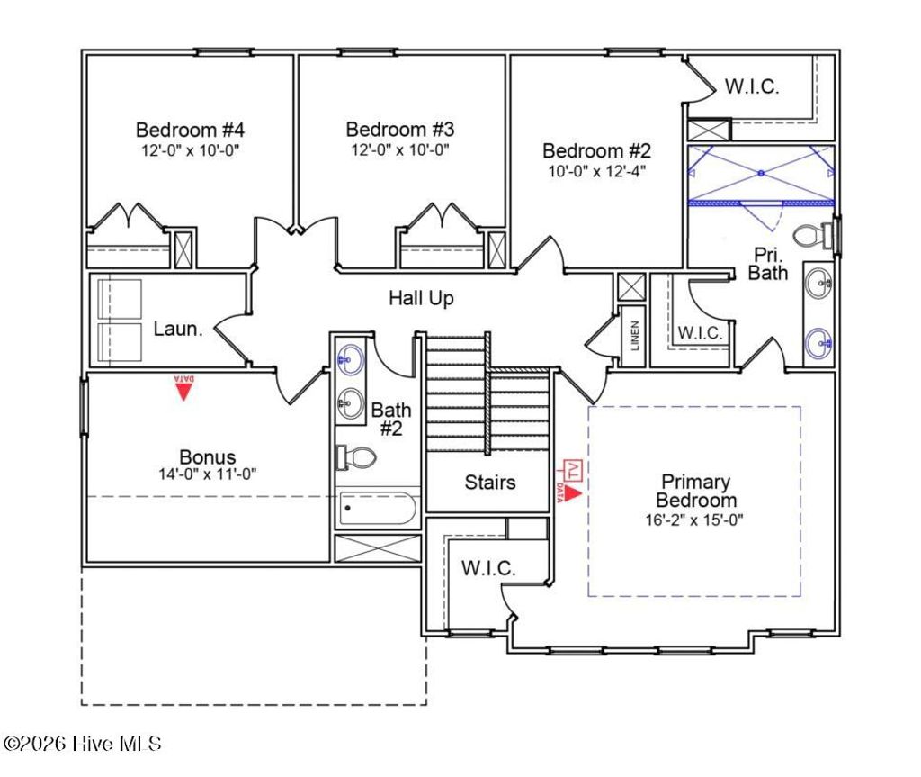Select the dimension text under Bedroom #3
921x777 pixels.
400,149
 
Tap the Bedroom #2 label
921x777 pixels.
595,150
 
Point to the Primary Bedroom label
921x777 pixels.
695,491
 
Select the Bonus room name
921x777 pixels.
207,457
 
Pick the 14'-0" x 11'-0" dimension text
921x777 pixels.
207,474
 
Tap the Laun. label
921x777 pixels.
177,330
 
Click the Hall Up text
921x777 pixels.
421,298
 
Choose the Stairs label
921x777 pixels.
490,483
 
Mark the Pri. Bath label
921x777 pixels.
767,263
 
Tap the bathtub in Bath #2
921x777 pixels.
377,510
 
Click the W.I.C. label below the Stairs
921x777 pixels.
488,569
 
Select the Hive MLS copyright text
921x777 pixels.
83,744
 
